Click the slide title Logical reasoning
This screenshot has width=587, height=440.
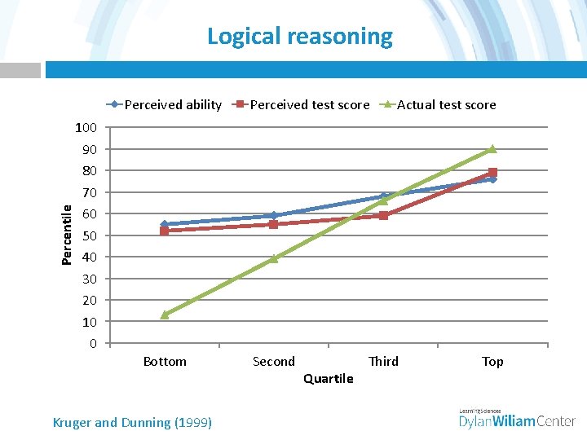[299, 37]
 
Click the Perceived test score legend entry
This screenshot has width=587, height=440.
[309, 104]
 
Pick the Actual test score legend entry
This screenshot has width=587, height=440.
[446, 104]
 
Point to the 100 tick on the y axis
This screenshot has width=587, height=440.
[86, 128]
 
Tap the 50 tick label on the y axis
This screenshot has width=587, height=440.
[89, 235]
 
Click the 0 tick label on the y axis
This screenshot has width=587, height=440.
[93, 343]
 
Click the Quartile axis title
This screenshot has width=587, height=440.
[328, 378]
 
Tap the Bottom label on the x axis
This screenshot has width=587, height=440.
[165, 361]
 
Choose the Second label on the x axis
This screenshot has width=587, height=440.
[274, 361]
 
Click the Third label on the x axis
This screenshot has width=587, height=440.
[383, 361]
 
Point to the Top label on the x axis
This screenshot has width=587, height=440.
[492, 361]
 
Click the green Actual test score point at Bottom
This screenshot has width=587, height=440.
[165, 315]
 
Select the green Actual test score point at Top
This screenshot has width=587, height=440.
[492, 149]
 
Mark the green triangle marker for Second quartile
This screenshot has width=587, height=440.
[274, 258]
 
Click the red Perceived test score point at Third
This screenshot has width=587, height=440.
[383, 216]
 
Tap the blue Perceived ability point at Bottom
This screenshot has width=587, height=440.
[165, 224]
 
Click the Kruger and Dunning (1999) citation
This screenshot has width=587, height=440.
[132, 422]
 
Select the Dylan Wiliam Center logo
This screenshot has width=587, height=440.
[517, 419]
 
